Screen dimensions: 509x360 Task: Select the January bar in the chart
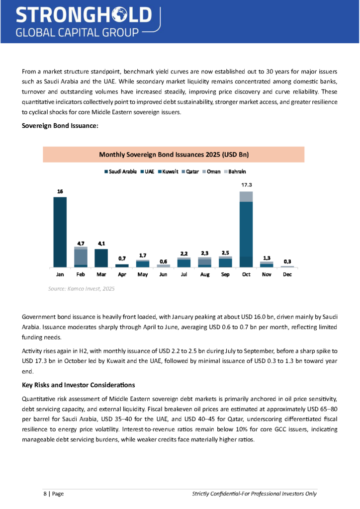[x=60, y=232]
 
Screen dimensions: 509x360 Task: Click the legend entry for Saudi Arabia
[x=121, y=171]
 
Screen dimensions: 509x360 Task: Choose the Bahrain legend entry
[x=235, y=171]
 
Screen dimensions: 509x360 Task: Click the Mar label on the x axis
[x=101, y=274]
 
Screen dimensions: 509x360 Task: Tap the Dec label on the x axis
[x=287, y=274]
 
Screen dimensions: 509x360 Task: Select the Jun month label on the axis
[x=163, y=274]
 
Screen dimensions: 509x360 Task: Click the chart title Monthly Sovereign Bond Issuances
[x=174, y=155]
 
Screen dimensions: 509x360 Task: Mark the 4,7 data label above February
[x=81, y=243]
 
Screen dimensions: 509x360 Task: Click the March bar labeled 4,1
[x=101, y=258]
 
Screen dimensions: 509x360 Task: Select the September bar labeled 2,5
[x=225, y=262]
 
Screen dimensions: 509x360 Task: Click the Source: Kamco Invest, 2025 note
[x=81, y=288]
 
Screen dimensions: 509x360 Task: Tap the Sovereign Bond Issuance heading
[x=60, y=126]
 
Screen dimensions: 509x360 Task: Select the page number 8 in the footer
[x=46, y=494]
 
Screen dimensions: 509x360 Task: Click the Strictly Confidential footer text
[x=254, y=494]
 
